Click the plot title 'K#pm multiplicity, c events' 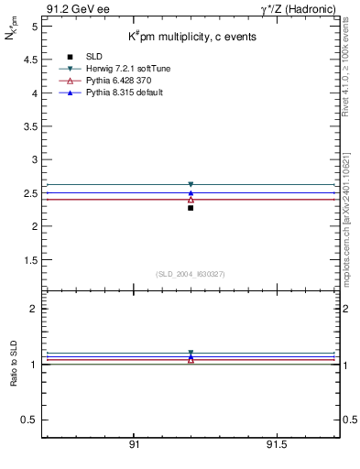(191, 37)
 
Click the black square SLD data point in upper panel (191, 208)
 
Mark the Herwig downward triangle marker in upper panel (191, 184)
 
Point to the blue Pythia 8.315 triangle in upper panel (191, 193)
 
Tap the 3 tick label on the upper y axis (34, 159)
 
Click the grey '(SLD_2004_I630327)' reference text (191, 274)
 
